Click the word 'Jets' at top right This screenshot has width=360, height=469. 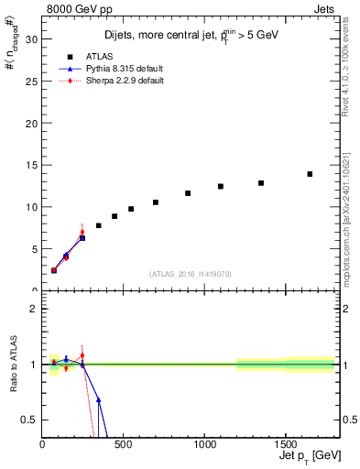click(x=323, y=8)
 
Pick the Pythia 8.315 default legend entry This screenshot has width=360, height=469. click(x=121, y=68)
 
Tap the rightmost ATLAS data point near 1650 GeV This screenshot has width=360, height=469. click(x=310, y=174)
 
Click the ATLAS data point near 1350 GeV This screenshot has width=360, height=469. click(x=261, y=183)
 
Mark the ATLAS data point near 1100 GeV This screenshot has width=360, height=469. click(x=221, y=186)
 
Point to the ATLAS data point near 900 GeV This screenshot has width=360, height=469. click(x=188, y=193)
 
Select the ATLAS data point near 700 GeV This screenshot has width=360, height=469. click(x=156, y=202)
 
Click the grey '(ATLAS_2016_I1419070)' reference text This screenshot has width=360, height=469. click(x=190, y=274)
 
